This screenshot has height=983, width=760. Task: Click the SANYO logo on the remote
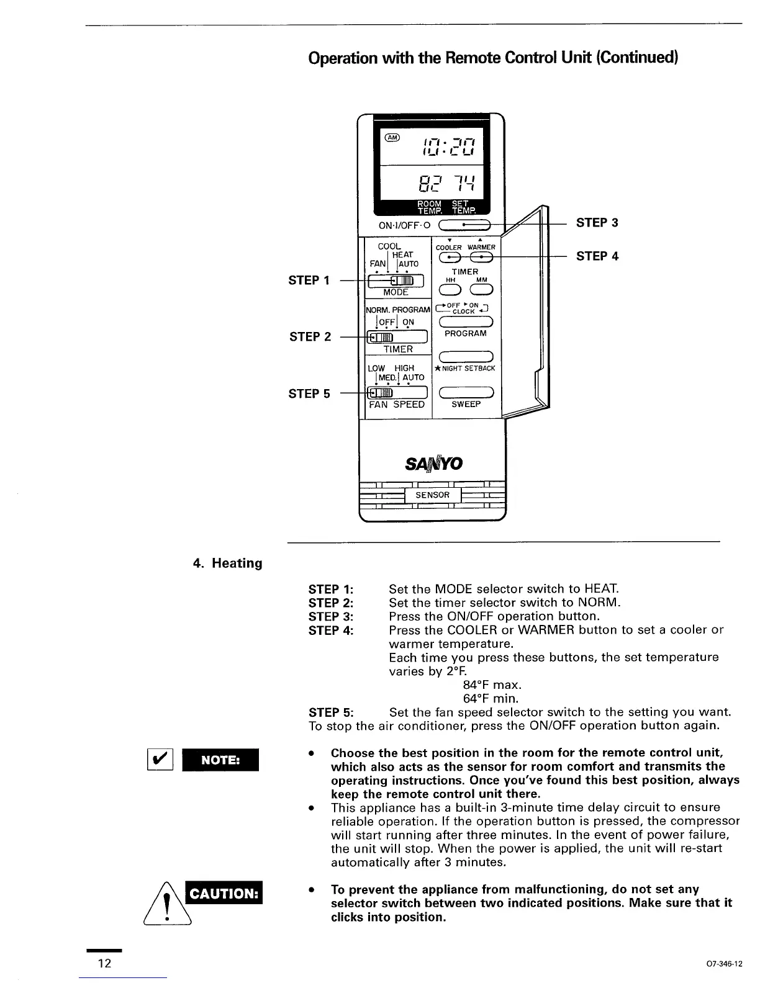click(433, 464)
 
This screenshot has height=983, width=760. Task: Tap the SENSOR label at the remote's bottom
click(432, 495)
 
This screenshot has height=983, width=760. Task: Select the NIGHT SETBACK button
click(466, 356)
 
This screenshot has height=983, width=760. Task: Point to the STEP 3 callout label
click(597, 223)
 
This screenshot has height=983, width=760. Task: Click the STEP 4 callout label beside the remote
click(597, 256)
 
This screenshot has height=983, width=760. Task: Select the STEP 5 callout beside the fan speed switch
click(309, 393)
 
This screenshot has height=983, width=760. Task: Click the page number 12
click(104, 963)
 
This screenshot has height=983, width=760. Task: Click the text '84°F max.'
click(492, 685)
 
